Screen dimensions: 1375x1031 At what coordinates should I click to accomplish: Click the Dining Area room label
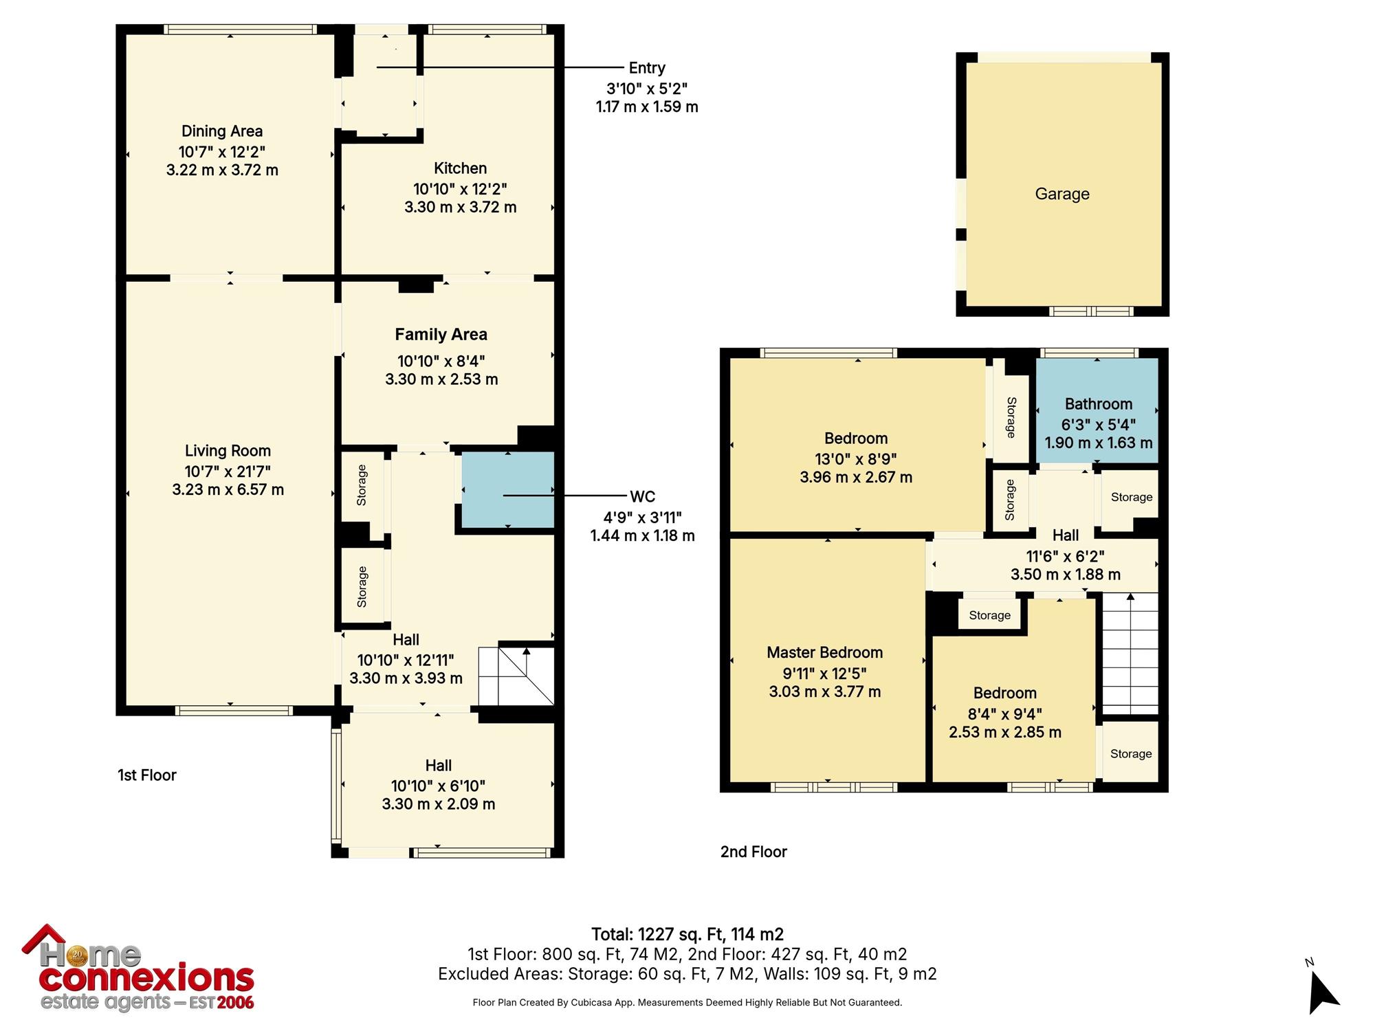click(222, 131)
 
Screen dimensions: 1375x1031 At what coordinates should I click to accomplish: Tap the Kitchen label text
click(460, 168)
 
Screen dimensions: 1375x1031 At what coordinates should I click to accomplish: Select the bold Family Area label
click(441, 335)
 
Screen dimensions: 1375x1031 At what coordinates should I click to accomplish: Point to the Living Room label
click(228, 451)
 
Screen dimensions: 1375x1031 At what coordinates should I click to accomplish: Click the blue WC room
click(507, 489)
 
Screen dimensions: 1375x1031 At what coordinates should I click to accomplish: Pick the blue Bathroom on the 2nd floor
click(1097, 410)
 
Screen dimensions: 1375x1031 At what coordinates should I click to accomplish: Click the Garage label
click(1062, 194)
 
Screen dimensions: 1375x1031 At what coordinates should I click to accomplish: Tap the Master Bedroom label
click(825, 652)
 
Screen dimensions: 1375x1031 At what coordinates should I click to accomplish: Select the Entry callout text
click(647, 68)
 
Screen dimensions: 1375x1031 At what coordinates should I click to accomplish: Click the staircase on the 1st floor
click(516, 676)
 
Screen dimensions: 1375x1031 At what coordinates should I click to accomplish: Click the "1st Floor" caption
click(147, 775)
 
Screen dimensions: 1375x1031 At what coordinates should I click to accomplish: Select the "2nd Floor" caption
click(753, 852)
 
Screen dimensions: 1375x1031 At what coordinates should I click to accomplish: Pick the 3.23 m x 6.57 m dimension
click(228, 490)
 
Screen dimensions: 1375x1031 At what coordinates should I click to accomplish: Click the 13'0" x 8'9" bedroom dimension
click(856, 458)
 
